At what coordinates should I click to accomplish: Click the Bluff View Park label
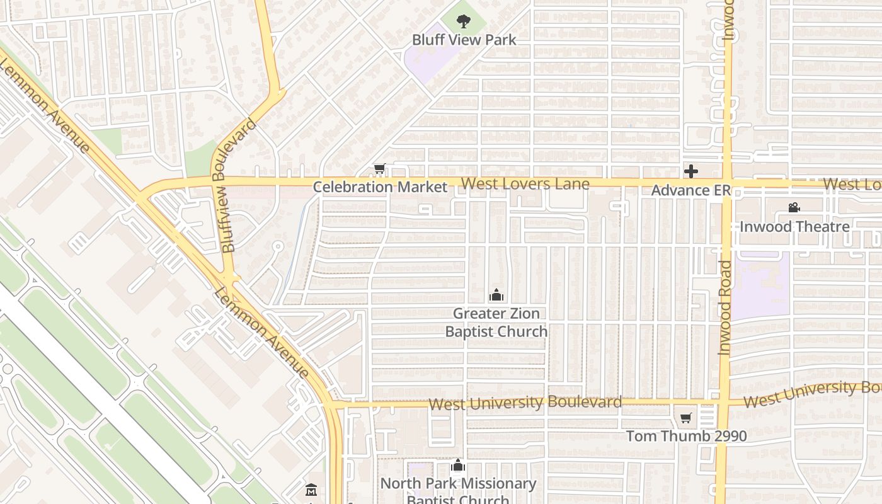point(464,40)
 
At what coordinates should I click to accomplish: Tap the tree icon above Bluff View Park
point(464,21)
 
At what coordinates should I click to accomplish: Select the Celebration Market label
point(380,186)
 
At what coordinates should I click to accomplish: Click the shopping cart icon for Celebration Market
point(379,169)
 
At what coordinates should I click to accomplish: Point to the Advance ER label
point(690,190)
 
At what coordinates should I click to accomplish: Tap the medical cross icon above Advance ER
point(691,171)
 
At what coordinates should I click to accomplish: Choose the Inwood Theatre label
point(794,226)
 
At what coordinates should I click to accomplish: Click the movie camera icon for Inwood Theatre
point(794,207)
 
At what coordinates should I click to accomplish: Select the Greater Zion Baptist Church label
point(496,322)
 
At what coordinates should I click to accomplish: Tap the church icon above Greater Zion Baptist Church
point(496,295)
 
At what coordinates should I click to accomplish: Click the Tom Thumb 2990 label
point(686,436)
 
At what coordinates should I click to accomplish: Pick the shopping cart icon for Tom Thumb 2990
point(686,418)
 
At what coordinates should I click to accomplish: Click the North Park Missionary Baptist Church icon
point(458,466)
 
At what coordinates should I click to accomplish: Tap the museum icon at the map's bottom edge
point(311,490)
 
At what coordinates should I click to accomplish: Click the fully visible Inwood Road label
point(724,308)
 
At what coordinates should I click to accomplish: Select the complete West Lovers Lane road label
point(525,184)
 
